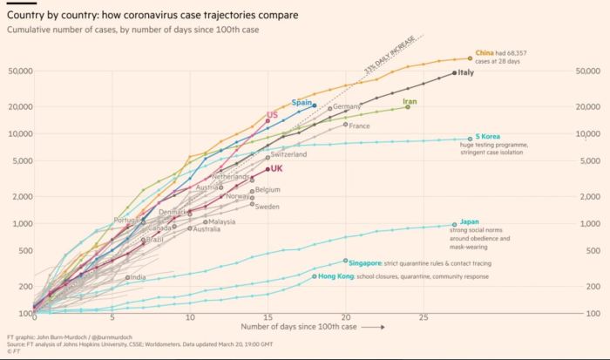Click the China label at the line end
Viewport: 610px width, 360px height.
tap(486, 53)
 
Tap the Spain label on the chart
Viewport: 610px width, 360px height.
tap(302, 102)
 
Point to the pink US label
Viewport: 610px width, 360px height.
tap(272, 115)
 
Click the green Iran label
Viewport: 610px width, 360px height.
tap(411, 102)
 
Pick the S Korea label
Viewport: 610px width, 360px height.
tap(487, 137)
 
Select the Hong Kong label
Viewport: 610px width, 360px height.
tap(336, 276)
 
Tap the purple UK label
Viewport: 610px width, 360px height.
tap(276, 169)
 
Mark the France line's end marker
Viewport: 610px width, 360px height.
tap(345, 125)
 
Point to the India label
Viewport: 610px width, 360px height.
tap(138, 277)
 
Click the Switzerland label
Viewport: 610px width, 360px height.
tap(288, 154)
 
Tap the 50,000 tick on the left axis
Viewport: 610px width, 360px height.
tap(19, 71)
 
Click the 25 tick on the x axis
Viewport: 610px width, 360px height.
tap(424, 319)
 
